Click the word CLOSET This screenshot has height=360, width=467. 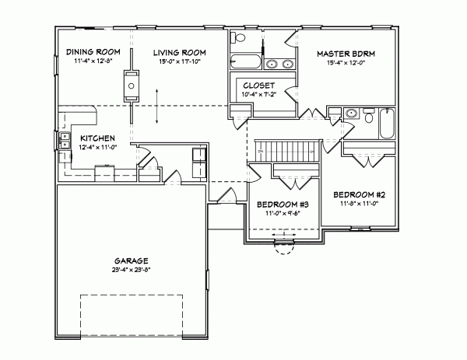tap(257, 86)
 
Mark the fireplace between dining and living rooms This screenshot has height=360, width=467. tap(130, 82)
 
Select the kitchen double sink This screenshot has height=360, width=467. tap(61, 142)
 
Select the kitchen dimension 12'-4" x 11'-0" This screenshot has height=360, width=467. tap(98, 146)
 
